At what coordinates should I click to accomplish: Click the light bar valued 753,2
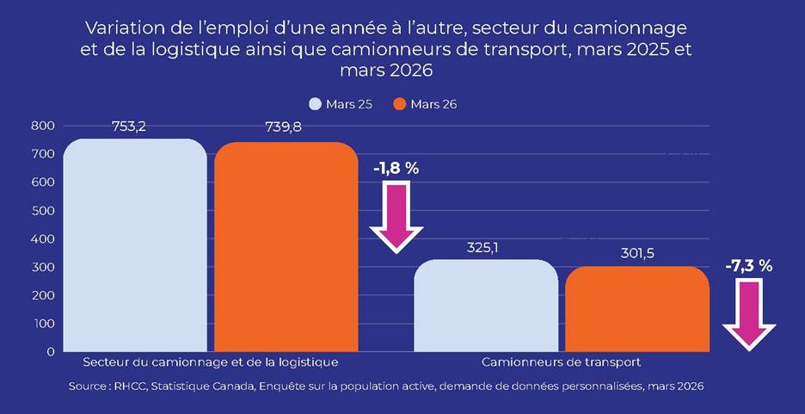pyautogui.click(x=135, y=245)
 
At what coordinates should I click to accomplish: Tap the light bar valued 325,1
pyautogui.click(x=486, y=306)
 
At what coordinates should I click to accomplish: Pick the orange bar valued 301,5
pyautogui.click(x=637, y=309)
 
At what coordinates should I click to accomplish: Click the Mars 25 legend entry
pyautogui.click(x=338, y=104)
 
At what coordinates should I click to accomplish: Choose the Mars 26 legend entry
pyautogui.click(x=425, y=104)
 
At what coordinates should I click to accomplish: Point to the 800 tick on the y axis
pyautogui.click(x=44, y=126)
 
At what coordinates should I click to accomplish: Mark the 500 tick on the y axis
pyautogui.click(x=44, y=211)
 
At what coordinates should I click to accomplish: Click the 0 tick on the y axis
pyautogui.click(x=51, y=352)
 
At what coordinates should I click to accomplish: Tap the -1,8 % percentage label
pyautogui.click(x=396, y=169)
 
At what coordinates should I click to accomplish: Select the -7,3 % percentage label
pyautogui.click(x=748, y=267)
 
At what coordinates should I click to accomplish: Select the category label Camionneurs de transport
pyautogui.click(x=561, y=362)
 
